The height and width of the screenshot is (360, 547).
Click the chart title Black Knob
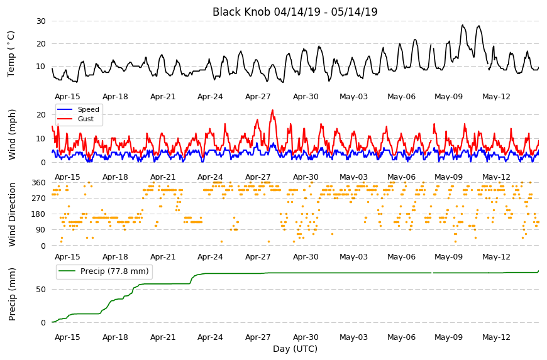[x=241, y=12]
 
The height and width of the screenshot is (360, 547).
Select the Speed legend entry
[x=78, y=109]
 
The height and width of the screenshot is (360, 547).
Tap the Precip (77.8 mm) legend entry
[x=104, y=271]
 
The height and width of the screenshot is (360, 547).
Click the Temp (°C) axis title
[x=11, y=54]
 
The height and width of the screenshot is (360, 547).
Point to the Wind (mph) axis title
[x=12, y=134]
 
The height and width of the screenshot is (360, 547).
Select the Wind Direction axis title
[x=12, y=214]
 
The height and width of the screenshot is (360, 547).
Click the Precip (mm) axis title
[x=12, y=294]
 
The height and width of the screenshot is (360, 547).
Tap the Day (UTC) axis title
[x=295, y=349]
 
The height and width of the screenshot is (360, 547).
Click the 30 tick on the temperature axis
[x=41, y=21]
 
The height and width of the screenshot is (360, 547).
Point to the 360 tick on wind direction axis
[x=39, y=183]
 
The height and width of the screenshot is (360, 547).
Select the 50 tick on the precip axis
[x=41, y=290]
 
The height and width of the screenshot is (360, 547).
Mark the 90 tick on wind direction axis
[x=41, y=230]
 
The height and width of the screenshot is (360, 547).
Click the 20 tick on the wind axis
[x=41, y=115]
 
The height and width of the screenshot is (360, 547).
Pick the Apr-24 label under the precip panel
[x=210, y=337]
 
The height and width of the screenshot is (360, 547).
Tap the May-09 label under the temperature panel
[x=449, y=97]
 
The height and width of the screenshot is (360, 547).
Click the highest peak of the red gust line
[x=272, y=110]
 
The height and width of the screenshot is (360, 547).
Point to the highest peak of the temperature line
[x=463, y=25]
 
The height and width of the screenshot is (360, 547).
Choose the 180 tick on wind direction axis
[x=39, y=214]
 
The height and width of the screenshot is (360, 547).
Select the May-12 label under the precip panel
[x=496, y=337]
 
